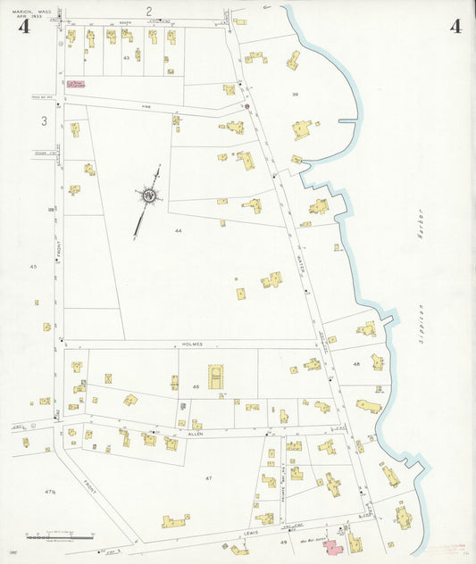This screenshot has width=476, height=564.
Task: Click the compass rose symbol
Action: (x=150, y=195)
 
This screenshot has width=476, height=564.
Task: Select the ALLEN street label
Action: (x=195, y=433)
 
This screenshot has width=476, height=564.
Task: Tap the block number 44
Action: (x=179, y=230)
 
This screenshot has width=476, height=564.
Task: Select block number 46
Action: (x=195, y=386)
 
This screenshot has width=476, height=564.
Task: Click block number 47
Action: (x=208, y=478)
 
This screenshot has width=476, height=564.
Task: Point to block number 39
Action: (x=294, y=93)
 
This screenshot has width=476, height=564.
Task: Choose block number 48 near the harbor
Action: (x=356, y=364)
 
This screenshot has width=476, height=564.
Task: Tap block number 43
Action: (x=127, y=58)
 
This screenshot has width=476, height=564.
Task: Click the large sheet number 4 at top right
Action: (x=455, y=26)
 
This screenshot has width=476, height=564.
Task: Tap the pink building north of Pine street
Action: (x=77, y=86)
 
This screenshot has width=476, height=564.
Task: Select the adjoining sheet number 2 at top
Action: (x=150, y=11)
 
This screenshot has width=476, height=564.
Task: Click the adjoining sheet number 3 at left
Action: (x=43, y=120)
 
